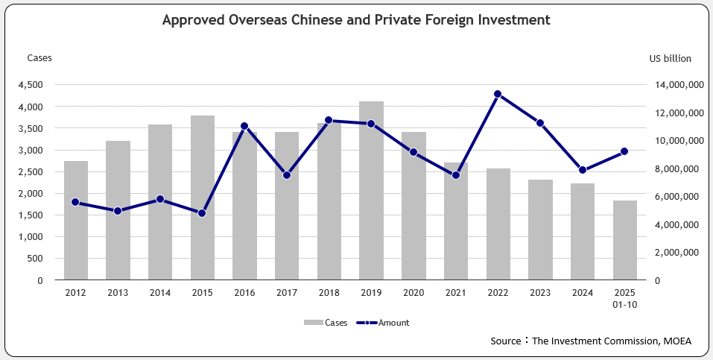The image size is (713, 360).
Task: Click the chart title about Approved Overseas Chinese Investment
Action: pyautogui.click(x=356, y=20)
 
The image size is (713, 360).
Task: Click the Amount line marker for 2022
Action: pyautogui.click(x=498, y=94)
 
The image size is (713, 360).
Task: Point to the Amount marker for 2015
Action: pyautogui.click(x=202, y=213)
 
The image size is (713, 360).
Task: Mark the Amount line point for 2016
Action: pyautogui.click(x=244, y=126)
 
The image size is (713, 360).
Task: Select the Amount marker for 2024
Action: pyautogui.click(x=582, y=170)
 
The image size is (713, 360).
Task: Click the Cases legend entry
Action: pyautogui.click(x=325, y=323)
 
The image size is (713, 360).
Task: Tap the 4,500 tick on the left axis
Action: pyautogui.click(x=31, y=85)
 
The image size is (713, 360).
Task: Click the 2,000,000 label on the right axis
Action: pyautogui.click(x=676, y=253)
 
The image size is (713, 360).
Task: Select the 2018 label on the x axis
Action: pyautogui.click(x=329, y=294)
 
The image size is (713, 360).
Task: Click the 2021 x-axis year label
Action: pyautogui.click(x=455, y=294)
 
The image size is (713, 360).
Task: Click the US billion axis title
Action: pyautogui.click(x=670, y=57)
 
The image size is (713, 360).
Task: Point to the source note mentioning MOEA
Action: pyautogui.click(x=591, y=341)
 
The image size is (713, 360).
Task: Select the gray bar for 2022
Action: pyautogui.click(x=498, y=224)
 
